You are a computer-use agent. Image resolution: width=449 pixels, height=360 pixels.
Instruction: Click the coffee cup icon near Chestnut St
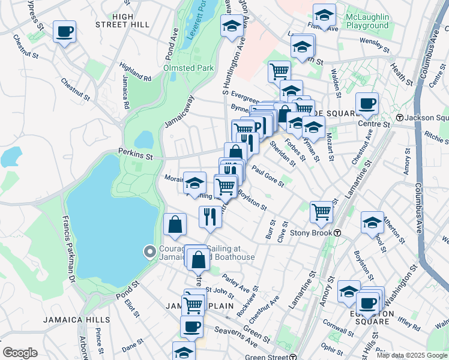[x=64, y=32]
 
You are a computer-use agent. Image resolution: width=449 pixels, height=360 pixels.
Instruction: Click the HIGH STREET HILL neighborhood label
[x=122, y=20]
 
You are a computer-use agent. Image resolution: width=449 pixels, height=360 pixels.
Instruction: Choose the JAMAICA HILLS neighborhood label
[x=76, y=320]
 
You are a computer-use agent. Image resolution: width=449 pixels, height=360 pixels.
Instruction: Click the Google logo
[x=19, y=353]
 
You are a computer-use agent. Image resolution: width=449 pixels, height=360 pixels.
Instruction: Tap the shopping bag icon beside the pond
[x=174, y=224]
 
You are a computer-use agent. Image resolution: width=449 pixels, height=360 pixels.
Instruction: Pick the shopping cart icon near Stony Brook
[x=322, y=211]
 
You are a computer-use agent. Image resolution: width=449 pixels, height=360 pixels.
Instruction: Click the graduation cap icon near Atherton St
[x=372, y=221]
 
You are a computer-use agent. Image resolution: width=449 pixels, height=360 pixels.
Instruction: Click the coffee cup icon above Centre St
[x=367, y=103]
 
